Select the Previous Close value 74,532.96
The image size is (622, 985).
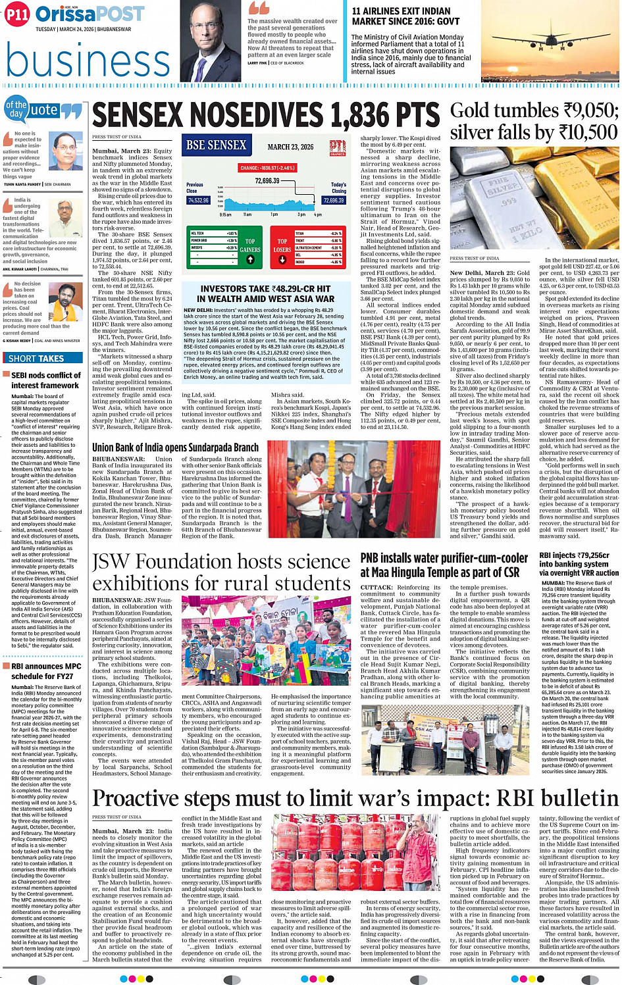pos(197,200)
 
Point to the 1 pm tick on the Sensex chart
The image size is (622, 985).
pos(274,215)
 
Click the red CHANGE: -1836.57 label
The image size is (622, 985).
pos(267,168)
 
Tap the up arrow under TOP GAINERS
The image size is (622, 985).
pos(250,259)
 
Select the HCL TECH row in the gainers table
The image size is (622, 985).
pos(214,234)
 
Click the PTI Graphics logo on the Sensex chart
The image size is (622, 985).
pos(338,147)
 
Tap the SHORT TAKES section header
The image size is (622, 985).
pos(36,359)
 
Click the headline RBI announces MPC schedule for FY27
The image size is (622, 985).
pos(46,671)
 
